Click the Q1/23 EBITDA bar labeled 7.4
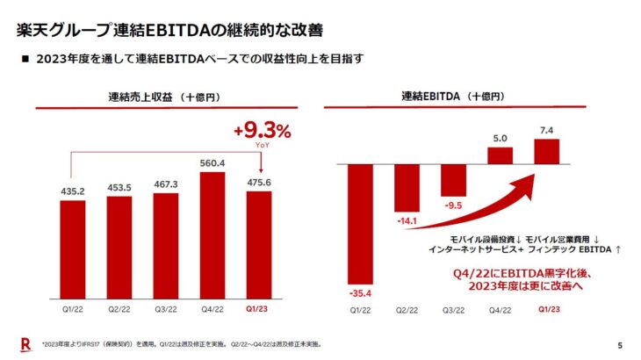(x=546, y=151)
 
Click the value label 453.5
(x=119, y=187)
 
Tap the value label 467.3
(x=166, y=184)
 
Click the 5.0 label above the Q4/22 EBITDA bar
(x=500, y=137)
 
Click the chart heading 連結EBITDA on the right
(x=452, y=96)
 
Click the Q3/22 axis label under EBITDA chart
(x=452, y=310)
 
